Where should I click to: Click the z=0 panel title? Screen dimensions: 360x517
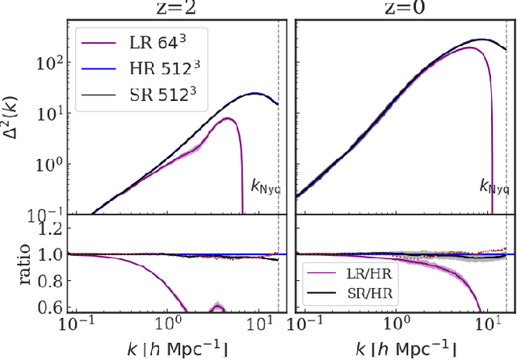[x=401, y=9]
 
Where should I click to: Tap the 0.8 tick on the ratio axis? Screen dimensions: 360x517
[x=53, y=280]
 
